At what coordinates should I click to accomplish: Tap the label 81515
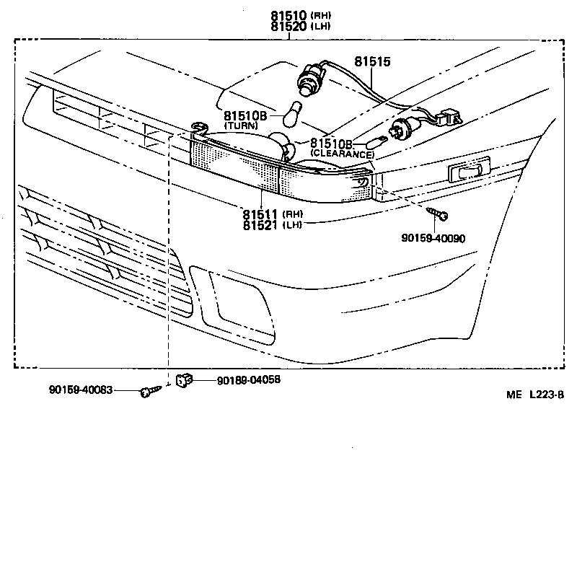pyautogui.click(x=371, y=63)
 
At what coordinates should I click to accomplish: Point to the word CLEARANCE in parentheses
pyautogui.click(x=343, y=154)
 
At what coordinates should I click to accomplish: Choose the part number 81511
pyautogui.click(x=260, y=214)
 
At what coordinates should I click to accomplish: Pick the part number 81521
pyautogui.click(x=260, y=226)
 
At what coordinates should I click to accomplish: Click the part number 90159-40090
pyautogui.click(x=435, y=237)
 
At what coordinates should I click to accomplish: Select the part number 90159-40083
pyautogui.click(x=82, y=390)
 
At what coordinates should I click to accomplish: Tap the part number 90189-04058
pyautogui.click(x=248, y=379)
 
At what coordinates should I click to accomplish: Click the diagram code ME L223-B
pyautogui.click(x=534, y=395)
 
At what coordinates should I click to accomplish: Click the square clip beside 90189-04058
pyautogui.click(x=183, y=378)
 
